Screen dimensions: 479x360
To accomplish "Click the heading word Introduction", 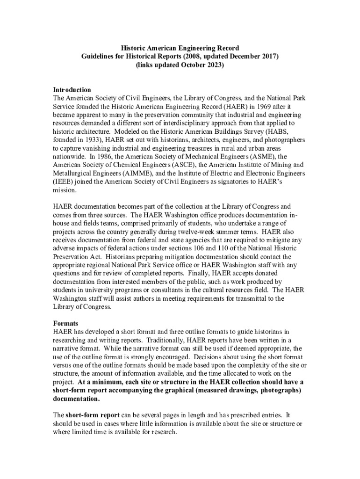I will click(72, 90).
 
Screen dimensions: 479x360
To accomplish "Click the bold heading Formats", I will click(65, 324).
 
